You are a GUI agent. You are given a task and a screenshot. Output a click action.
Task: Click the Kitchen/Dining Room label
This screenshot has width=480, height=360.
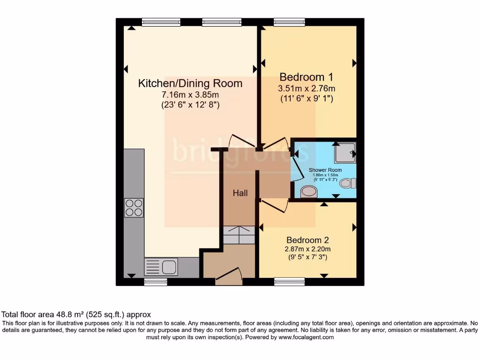click(190, 83)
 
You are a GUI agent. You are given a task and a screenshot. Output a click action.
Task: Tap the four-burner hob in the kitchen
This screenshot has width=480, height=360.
click(134, 208)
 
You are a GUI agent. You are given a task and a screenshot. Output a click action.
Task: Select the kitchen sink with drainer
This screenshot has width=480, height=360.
click(161, 267)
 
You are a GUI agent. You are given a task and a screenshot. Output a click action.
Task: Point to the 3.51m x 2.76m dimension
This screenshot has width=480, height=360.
click(307, 89)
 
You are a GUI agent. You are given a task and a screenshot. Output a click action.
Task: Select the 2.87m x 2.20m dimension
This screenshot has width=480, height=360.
click(308, 249)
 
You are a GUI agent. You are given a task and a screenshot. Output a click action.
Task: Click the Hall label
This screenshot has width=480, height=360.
click(240, 193)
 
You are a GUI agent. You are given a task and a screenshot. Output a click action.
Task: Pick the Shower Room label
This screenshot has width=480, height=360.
click(325, 170)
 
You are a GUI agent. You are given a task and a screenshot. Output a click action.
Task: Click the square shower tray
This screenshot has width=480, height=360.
click(345, 152)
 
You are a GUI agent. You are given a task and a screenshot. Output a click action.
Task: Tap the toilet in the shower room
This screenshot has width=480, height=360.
click(347, 183)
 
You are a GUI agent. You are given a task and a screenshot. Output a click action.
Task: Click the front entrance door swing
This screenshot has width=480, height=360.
click(229, 276)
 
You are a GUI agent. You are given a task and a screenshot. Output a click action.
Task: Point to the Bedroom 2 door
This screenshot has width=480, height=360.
click(275, 205)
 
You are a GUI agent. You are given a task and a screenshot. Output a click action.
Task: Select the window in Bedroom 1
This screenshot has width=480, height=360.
click(289, 22)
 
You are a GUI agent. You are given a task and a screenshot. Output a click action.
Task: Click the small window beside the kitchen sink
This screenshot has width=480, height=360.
click(156, 282)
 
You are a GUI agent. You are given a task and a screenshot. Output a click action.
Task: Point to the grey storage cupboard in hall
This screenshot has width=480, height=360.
click(239, 235)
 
